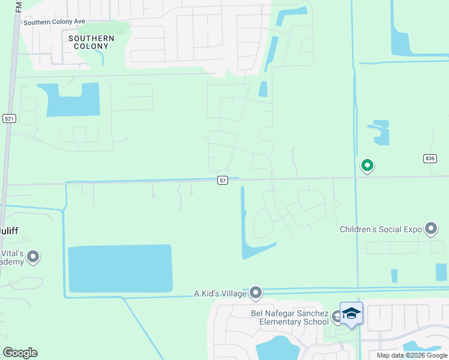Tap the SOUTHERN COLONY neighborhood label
91,42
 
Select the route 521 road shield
8,119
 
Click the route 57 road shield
222,180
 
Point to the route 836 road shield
429,158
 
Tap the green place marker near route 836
367,164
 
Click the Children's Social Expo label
381,229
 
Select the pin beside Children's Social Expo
430,229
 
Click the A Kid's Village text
220,293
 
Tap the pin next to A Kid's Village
256,293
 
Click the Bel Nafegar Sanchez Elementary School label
289,317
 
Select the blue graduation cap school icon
351,313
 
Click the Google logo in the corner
20,353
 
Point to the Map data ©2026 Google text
412,355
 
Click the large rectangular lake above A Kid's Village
120,268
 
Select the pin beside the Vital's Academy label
33,257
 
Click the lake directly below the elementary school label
277,348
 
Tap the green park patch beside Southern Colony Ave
104,28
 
